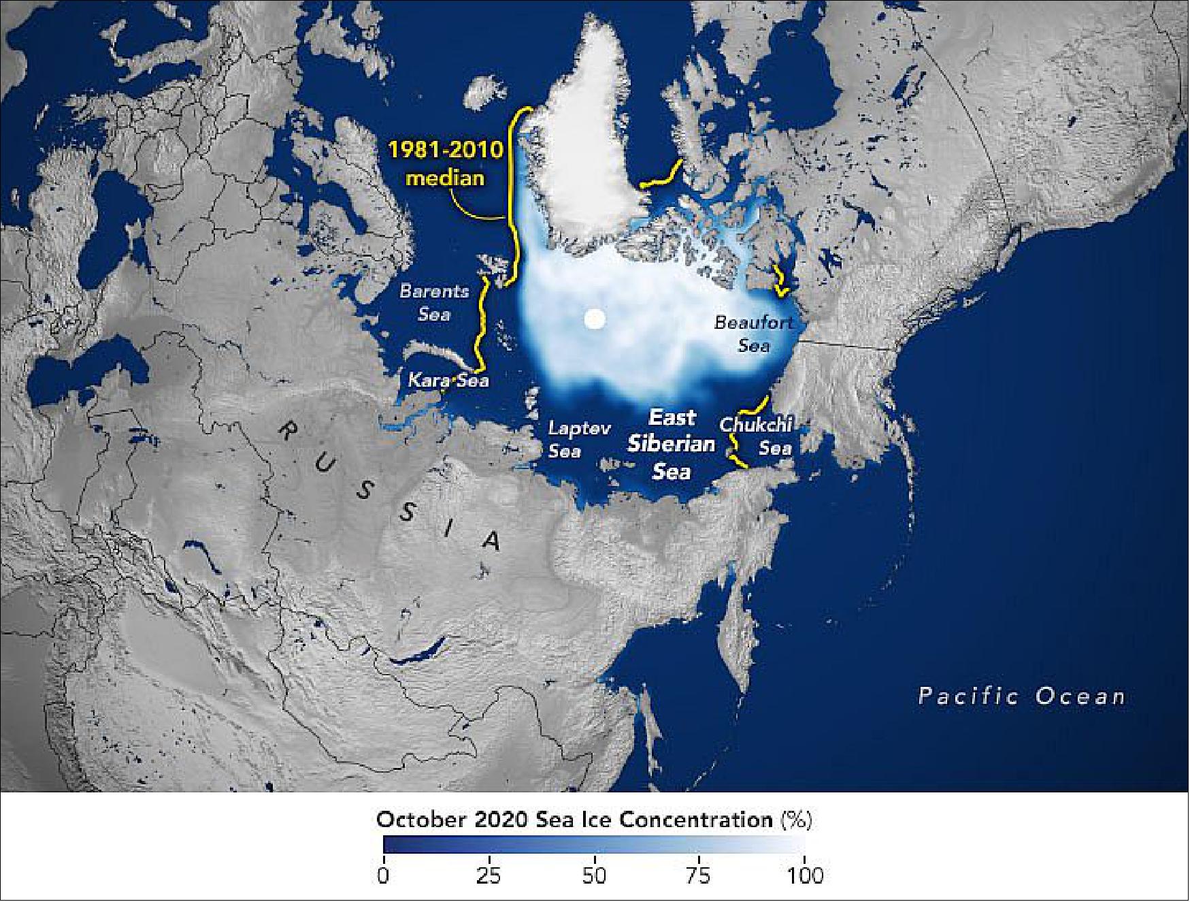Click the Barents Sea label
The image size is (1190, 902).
[x=434, y=302]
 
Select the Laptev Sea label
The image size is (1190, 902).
[x=569, y=439]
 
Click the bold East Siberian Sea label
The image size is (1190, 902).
[x=671, y=444]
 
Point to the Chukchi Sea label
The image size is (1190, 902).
[x=757, y=436]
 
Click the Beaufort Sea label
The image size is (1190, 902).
[x=754, y=334]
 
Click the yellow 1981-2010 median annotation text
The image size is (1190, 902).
[x=445, y=163]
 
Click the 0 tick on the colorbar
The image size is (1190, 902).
[x=383, y=875]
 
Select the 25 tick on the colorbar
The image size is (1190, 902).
[x=489, y=875]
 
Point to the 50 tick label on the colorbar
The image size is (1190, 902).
[x=594, y=875]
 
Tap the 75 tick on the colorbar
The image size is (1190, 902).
[x=699, y=875]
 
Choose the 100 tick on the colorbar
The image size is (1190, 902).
[x=805, y=875]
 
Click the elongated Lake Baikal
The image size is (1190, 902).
[x=420, y=651]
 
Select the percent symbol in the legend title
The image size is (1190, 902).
[x=795, y=820]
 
